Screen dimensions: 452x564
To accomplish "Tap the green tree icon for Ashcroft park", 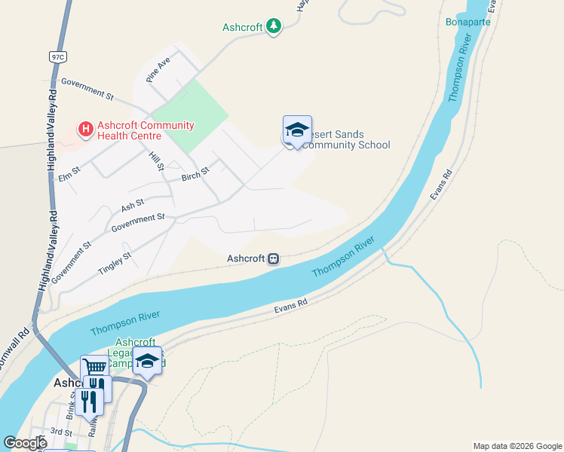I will pos(274,27).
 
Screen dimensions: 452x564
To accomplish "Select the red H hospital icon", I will pos(86,130).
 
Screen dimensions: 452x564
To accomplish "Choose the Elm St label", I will pos(69,175).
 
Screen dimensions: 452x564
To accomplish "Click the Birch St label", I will pos(195,176).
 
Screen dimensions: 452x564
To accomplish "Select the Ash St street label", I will pos(132,205).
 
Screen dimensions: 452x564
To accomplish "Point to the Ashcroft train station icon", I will pos(274,258).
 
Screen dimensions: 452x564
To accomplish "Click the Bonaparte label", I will pos(467,22).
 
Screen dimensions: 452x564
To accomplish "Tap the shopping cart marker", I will pos(94,368).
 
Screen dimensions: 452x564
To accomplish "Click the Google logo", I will pos(26,443).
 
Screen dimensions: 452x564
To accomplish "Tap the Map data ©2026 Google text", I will pos(516,446).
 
